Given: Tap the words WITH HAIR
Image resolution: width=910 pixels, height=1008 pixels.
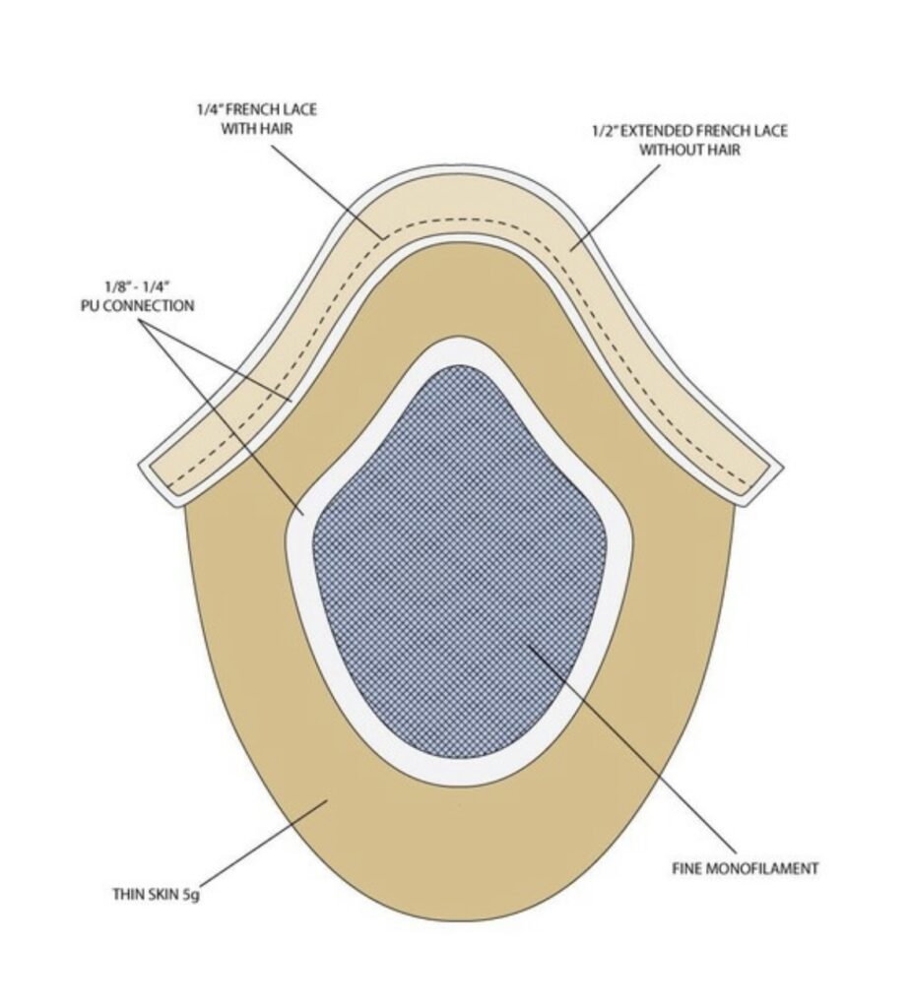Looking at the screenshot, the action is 257,129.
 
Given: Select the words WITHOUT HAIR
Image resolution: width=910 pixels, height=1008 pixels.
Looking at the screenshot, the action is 689,150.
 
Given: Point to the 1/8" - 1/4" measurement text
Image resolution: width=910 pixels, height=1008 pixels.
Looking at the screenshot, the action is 136,286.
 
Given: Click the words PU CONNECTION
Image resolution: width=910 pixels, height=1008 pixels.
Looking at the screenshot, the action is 137,305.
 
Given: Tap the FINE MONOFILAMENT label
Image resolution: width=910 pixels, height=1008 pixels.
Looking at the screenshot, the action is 746,868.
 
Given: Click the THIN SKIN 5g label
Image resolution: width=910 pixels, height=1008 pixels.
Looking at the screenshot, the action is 157,894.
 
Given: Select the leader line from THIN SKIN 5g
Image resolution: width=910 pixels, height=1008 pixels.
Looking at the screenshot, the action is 264,843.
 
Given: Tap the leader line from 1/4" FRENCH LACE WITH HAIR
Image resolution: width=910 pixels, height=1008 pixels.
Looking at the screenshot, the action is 327,192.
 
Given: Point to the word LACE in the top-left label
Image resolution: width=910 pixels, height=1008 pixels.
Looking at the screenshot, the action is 299,109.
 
